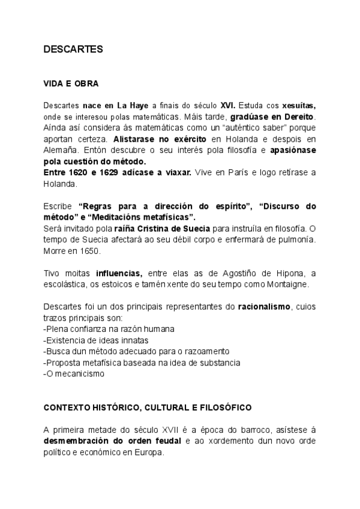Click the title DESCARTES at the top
pos(73,50)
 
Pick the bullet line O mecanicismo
pos(74,373)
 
